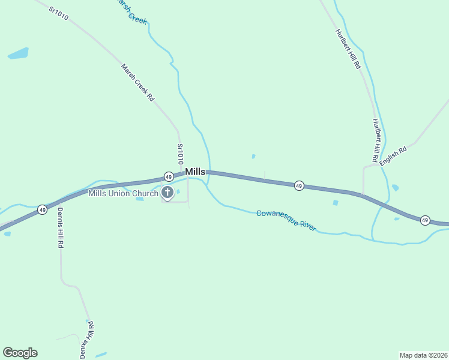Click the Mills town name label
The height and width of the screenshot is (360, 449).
[x=194, y=172]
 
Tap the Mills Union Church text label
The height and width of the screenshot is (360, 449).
[x=123, y=193]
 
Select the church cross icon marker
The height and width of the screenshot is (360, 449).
[x=167, y=193]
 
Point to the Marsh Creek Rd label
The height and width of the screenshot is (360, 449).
[x=137, y=82]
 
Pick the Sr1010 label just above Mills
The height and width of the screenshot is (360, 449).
[x=179, y=154]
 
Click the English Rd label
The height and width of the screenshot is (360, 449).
[x=393, y=154]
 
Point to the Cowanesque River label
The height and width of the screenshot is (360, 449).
[x=286, y=220]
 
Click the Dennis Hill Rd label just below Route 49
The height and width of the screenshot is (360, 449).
[x=61, y=229]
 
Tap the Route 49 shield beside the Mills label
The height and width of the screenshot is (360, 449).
[x=169, y=176]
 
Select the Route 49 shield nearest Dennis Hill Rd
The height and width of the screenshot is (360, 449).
[x=41, y=209]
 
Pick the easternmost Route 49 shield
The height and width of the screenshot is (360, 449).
[x=425, y=220]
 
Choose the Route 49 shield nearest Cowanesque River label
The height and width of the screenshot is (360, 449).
[x=299, y=186]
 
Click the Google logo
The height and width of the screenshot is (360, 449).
[x=20, y=353]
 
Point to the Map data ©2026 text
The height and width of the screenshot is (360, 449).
[x=423, y=355]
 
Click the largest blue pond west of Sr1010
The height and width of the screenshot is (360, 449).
[x=18, y=53]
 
